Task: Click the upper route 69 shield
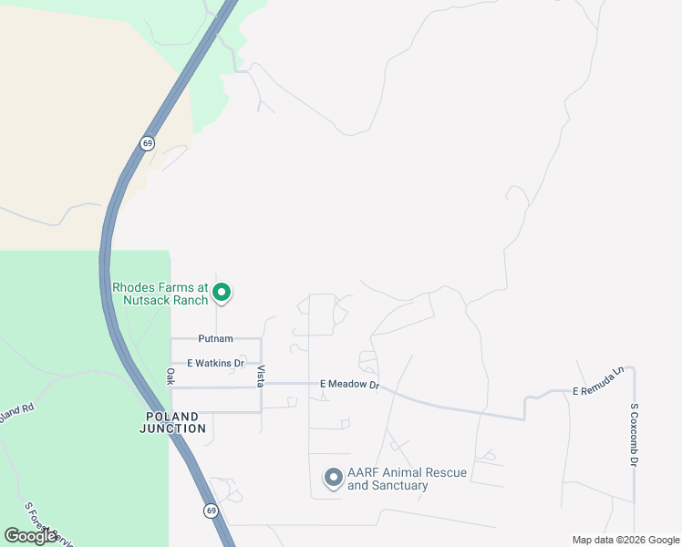(x=148, y=143)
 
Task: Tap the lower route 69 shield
(x=211, y=511)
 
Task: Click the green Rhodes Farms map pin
(x=222, y=293)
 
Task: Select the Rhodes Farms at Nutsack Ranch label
(x=160, y=293)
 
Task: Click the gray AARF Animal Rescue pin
(x=334, y=478)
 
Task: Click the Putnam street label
(x=216, y=338)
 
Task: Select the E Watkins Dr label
(x=216, y=363)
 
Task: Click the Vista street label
(x=261, y=376)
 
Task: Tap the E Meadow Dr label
(x=349, y=386)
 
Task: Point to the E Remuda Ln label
(x=597, y=383)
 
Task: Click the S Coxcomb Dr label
(x=634, y=435)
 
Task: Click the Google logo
(x=30, y=536)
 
